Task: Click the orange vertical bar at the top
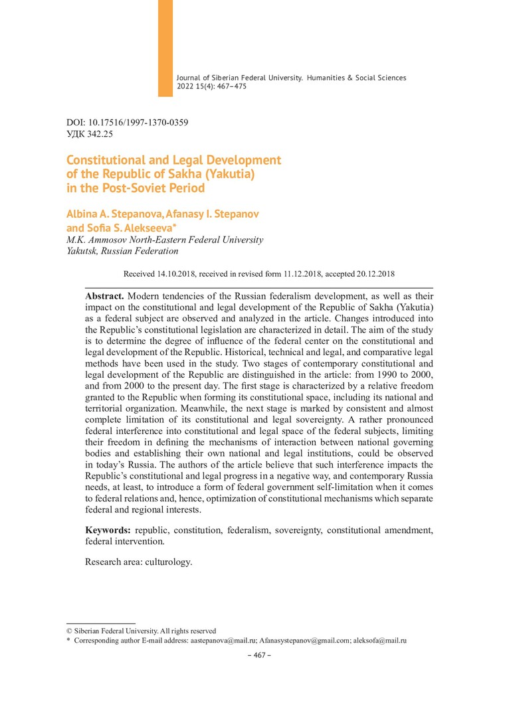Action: coord(165,48)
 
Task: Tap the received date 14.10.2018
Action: coord(178,274)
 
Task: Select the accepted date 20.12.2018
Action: coord(377,274)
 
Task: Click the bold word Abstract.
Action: coord(104,295)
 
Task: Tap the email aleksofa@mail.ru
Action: coord(380,641)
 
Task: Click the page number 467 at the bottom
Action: coord(260,655)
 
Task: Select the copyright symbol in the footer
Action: coord(69,631)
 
